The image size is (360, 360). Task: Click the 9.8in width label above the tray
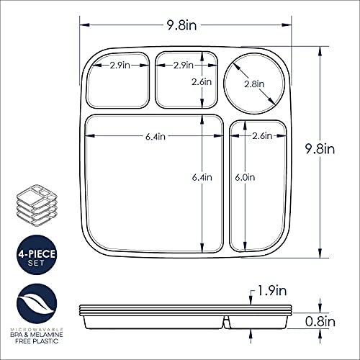[181, 25]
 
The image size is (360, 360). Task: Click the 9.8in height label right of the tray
[320, 149]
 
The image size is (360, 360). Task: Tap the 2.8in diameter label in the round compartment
[254, 84]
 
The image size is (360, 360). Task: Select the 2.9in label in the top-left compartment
[120, 66]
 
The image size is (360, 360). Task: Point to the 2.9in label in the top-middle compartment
[184, 66]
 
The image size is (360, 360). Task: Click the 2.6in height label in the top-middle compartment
[202, 82]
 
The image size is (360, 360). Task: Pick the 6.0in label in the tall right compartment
[245, 178]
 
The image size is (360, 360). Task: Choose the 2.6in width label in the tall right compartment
[262, 136]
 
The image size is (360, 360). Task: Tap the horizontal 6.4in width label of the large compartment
[156, 137]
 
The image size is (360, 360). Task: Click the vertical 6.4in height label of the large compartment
[202, 178]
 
